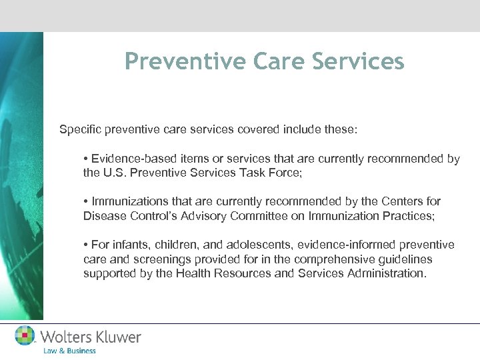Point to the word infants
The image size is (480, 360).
click(x=130, y=245)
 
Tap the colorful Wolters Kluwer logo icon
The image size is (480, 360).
click(x=25, y=335)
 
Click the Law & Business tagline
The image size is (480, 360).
click(x=69, y=350)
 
